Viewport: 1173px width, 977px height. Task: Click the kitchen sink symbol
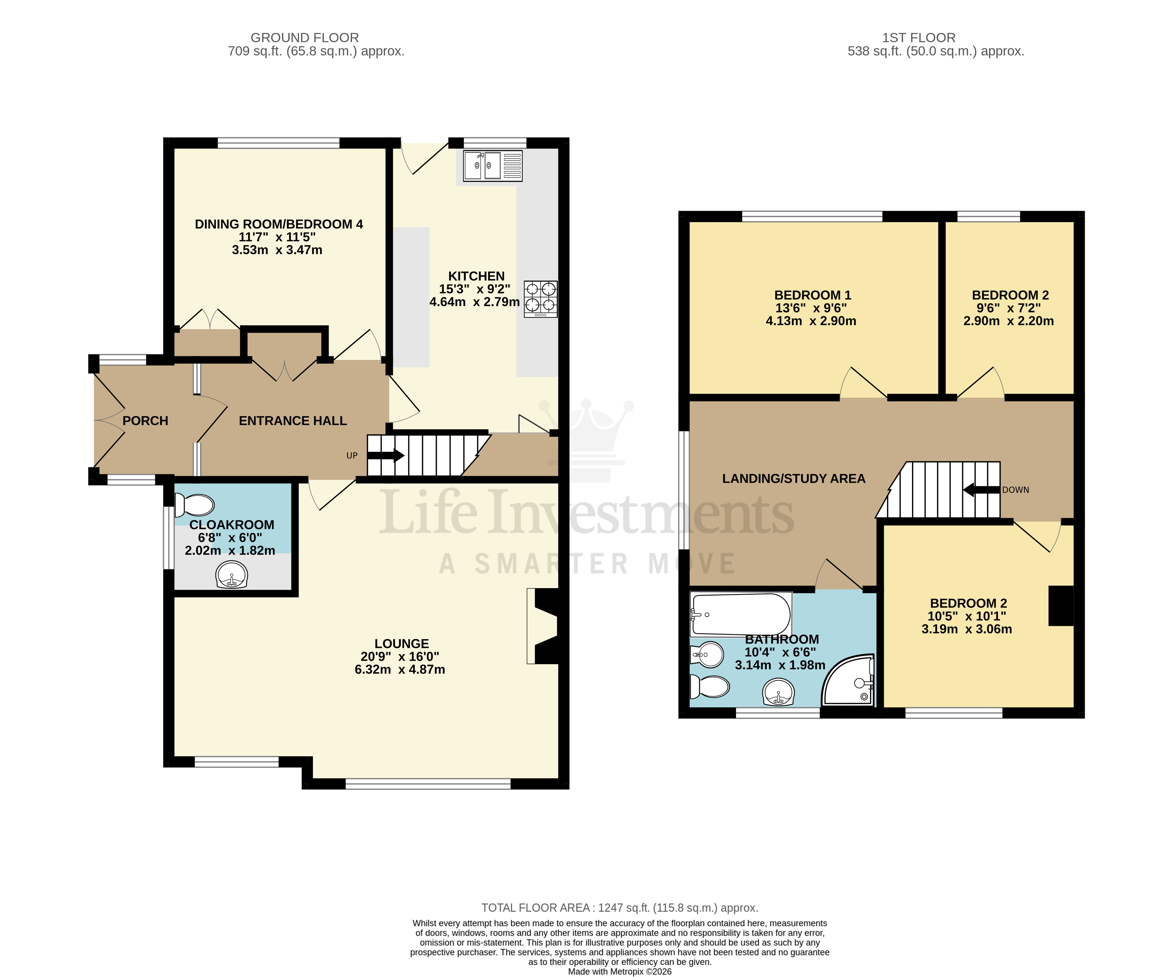[x=492, y=165]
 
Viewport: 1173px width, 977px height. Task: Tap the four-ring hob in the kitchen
[x=540, y=299]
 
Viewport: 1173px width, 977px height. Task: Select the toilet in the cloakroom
[x=194, y=506]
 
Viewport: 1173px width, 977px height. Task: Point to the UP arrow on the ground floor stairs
[x=385, y=455]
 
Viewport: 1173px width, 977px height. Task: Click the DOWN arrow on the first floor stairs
[x=982, y=490]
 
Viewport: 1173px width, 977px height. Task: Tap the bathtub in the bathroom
[x=741, y=614]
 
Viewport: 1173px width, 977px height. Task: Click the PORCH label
[x=145, y=420]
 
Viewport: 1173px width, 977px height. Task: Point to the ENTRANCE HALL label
[x=293, y=420]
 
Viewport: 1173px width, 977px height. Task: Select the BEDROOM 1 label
[x=812, y=295]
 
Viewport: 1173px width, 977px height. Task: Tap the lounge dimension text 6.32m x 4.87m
[x=400, y=669]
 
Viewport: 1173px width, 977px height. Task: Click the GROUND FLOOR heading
[x=304, y=37]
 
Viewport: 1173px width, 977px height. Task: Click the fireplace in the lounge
[x=545, y=625]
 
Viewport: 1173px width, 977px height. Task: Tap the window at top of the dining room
[x=278, y=143]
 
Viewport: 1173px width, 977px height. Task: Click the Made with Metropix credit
[x=620, y=971]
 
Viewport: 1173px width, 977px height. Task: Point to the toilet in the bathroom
[x=709, y=687]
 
